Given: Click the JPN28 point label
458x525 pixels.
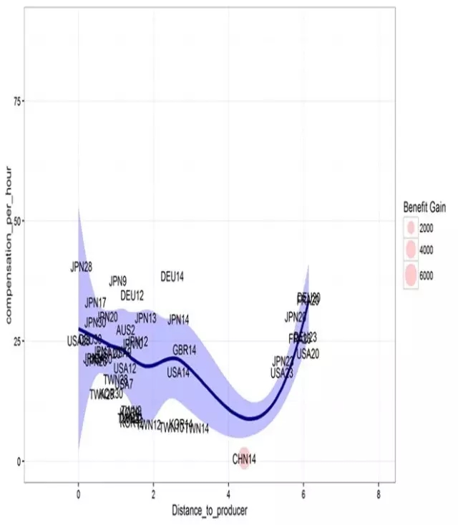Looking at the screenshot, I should pyautogui.click(x=82, y=267).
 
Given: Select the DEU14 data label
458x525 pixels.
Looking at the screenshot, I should pyautogui.click(x=172, y=277).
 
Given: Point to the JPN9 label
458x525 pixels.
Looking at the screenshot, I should pyautogui.click(x=118, y=281).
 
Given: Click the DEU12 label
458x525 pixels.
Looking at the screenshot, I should pyautogui.click(x=132, y=295).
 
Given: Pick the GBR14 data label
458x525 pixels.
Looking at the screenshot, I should pyautogui.click(x=184, y=350).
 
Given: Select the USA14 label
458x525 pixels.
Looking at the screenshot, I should pyautogui.click(x=179, y=373).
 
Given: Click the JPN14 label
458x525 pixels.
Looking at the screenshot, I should pyautogui.click(x=178, y=320).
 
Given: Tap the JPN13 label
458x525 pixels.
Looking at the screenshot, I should pyautogui.click(x=145, y=318).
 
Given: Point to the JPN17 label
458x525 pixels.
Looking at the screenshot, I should pyautogui.click(x=95, y=303).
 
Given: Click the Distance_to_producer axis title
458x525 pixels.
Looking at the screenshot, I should pyautogui.click(x=209, y=511).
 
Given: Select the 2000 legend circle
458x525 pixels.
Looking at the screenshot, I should pyautogui.click(x=411, y=227).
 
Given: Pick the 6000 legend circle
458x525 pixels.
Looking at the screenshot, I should pyautogui.click(x=411, y=274).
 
